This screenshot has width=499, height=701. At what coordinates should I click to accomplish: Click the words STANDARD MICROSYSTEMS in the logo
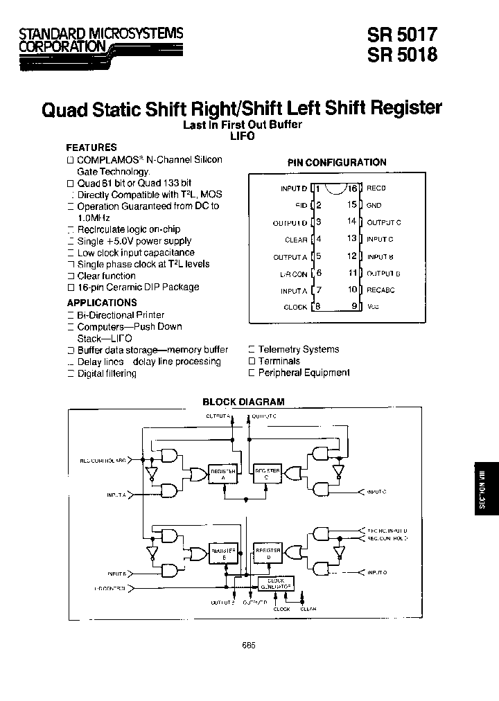point(101,33)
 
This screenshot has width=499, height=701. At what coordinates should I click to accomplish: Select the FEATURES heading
point(91,148)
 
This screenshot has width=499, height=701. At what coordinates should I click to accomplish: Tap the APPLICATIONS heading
point(102,303)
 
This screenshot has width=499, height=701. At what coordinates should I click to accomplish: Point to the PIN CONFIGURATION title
point(337,162)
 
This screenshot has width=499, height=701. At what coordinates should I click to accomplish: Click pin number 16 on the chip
point(353,188)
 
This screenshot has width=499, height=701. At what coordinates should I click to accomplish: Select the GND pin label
point(374,205)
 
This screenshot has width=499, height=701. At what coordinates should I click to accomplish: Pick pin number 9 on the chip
point(353,306)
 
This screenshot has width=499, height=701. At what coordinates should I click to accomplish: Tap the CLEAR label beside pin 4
point(296,240)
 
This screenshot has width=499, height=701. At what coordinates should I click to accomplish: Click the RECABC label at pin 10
point(380,290)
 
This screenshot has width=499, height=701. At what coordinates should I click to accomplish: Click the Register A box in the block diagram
point(222,473)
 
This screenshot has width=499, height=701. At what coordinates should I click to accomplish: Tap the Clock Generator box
point(275,584)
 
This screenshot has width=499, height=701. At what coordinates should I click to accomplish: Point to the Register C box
point(268,473)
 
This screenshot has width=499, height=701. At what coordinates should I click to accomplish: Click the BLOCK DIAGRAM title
point(243,402)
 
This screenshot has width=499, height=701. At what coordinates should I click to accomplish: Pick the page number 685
point(249,644)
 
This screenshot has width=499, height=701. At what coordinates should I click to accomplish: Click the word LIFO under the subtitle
point(243,136)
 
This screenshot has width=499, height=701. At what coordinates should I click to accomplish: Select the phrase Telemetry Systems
point(298,350)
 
